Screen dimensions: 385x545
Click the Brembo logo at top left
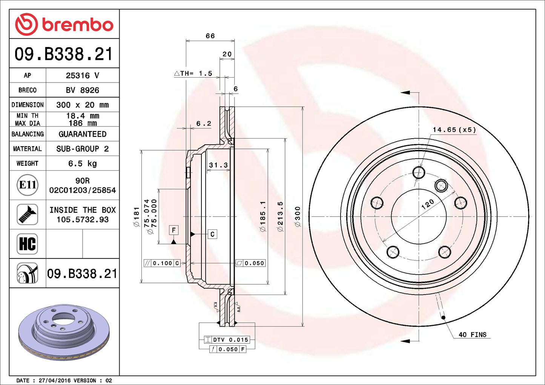64,24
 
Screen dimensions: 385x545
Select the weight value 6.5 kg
82,163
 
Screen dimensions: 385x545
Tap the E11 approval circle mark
28,185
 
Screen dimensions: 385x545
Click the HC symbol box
28,244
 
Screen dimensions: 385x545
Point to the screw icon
28,214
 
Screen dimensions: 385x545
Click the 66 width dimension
210,36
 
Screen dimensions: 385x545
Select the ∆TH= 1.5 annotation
193,73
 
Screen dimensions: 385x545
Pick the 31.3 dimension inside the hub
218,165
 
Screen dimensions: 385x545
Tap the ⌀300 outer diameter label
298,217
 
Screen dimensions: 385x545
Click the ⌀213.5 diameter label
280,217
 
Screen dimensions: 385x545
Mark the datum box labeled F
173,230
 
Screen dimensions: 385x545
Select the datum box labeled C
212,234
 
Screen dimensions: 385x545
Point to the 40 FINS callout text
472,335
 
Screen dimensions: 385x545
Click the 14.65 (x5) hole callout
454,130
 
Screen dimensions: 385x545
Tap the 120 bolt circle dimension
427,204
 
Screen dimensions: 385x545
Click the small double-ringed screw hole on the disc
441,185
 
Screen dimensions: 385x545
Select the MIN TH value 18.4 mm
83,116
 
